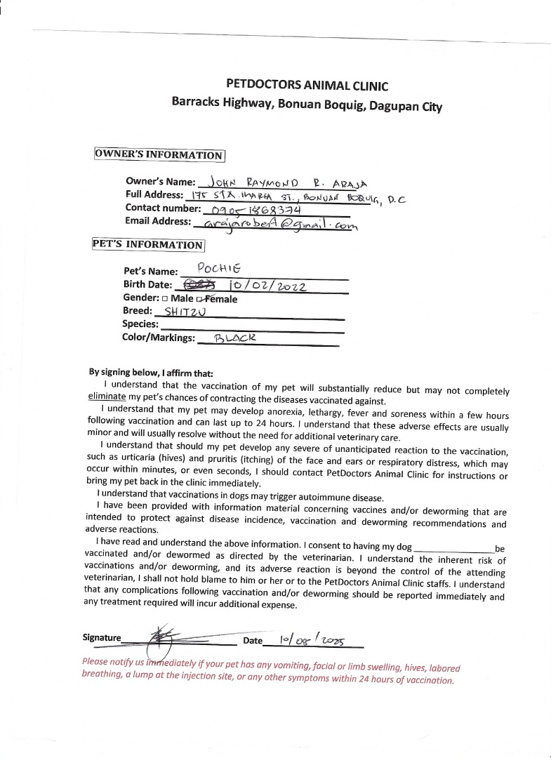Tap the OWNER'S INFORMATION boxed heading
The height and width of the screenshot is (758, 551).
click(159, 155)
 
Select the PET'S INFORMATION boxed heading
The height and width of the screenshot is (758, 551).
click(148, 245)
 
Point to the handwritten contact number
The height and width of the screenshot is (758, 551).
click(251, 209)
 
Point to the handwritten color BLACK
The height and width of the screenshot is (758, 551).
click(235, 338)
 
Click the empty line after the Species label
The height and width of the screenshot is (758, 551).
click(253, 326)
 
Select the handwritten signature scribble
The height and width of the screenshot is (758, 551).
click(164, 637)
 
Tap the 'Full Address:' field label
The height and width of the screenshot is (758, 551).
click(154, 194)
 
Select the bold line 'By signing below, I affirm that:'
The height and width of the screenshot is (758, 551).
click(150, 373)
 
